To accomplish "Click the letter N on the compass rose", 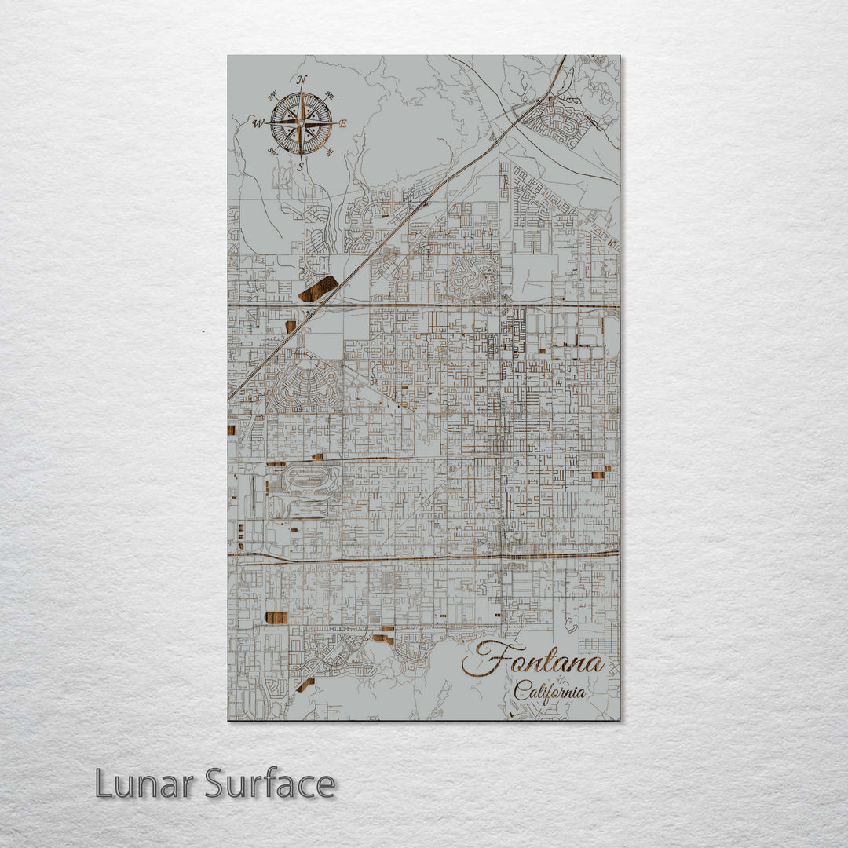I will coord(302,79).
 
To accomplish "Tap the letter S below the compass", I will coord(300,166).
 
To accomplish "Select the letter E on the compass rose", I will coord(342,123).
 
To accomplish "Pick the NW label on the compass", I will coord(272,97).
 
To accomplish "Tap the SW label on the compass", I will coord(273,152).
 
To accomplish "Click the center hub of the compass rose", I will coord(302,123).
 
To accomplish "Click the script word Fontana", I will coord(534,660).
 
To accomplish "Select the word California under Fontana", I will coord(550,692).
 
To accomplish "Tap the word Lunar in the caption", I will coord(145,784).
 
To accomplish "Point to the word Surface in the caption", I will coord(270,784).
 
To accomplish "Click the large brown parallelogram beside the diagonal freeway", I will coord(318,289).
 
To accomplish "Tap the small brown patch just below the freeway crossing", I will coord(291,326).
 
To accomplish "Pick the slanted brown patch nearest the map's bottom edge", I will coord(305,685).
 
